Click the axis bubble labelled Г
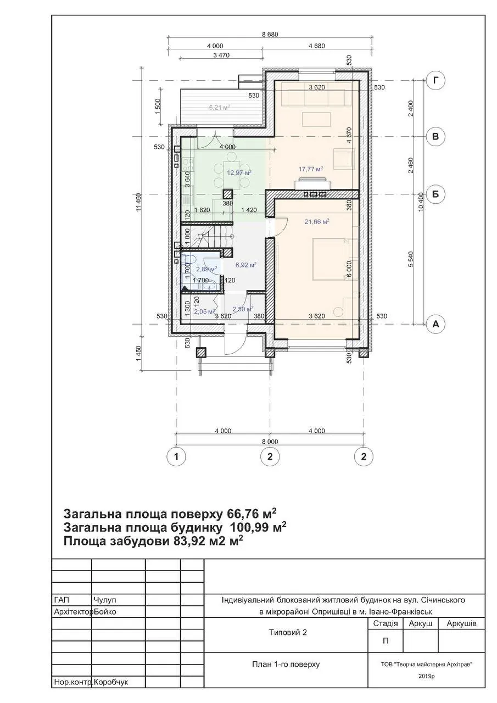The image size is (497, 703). click(x=435, y=81)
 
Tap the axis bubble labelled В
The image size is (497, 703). click(x=435, y=137)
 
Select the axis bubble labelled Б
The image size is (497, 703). click(x=435, y=194)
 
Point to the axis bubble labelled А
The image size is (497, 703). click(x=435, y=324)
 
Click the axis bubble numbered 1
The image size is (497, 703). click(x=176, y=456)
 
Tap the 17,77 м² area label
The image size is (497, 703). click(x=311, y=169)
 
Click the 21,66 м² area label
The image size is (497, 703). click(x=316, y=221)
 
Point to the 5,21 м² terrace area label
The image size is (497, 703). click(x=220, y=107)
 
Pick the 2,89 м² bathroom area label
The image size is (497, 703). click(x=207, y=269)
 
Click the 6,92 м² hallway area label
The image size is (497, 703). click(x=246, y=265)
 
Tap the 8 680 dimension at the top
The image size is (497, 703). click(x=270, y=34)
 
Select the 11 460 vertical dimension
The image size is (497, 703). click(x=139, y=203)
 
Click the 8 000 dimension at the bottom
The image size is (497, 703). click(x=270, y=442)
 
